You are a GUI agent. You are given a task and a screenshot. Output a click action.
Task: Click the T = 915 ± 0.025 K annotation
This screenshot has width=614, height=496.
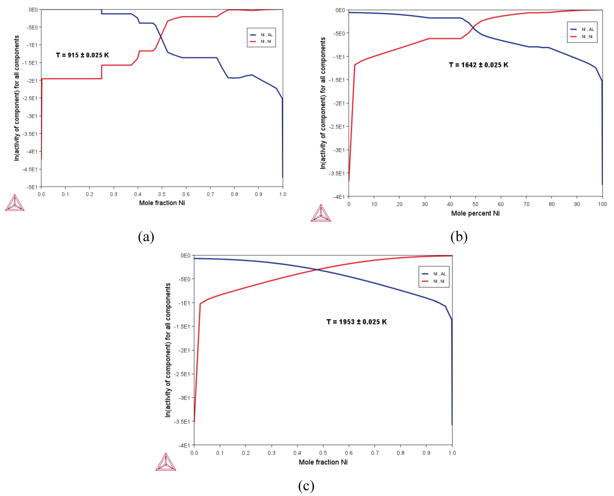(82, 55)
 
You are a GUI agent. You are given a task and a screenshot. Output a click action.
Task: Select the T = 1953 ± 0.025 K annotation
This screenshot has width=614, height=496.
(356, 322)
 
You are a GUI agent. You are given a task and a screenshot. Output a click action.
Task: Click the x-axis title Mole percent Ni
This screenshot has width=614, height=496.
(475, 213)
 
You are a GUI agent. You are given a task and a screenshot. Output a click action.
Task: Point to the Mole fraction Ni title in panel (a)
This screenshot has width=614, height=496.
(162, 203)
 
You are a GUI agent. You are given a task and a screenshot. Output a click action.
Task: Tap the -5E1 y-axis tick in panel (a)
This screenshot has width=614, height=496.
(32, 187)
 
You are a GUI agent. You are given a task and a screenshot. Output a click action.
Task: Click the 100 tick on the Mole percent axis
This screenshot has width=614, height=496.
(602, 204)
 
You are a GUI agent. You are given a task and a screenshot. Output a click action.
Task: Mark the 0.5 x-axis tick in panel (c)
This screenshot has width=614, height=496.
(323, 453)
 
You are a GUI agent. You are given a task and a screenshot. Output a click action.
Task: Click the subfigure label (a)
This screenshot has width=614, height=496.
(146, 237)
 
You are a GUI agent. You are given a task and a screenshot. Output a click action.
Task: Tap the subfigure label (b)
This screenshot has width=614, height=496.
(459, 237)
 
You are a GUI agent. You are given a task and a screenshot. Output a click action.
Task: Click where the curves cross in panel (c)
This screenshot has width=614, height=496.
(317, 269)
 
